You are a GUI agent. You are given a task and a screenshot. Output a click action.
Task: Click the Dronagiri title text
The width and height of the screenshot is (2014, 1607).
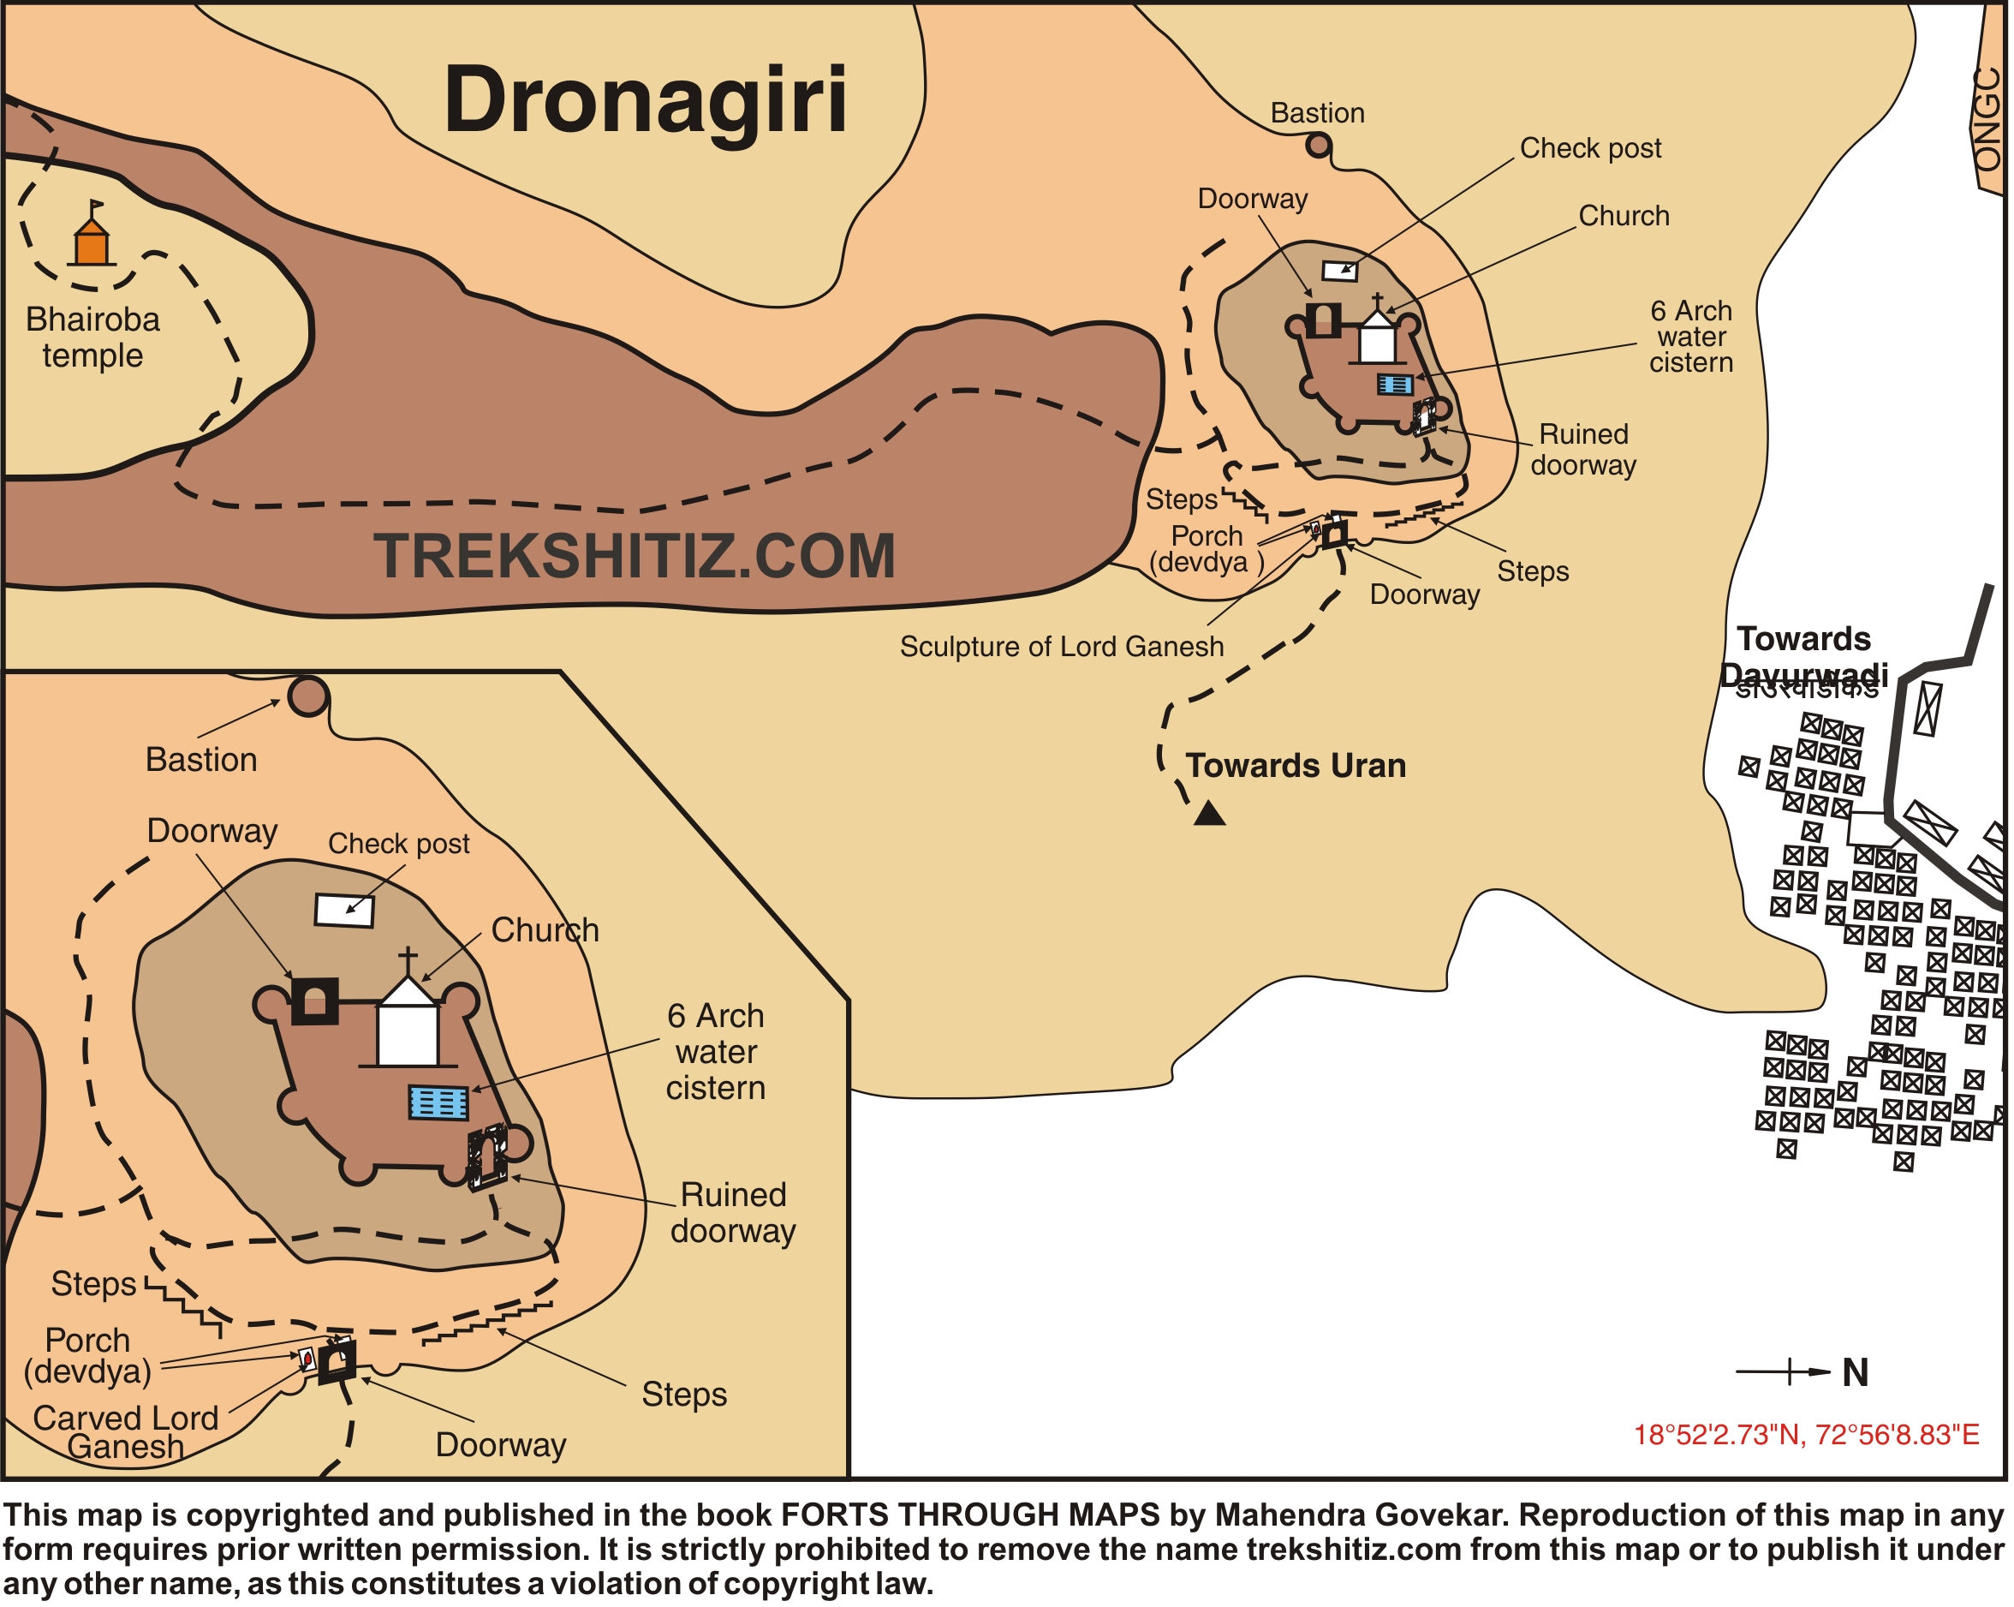[645, 100]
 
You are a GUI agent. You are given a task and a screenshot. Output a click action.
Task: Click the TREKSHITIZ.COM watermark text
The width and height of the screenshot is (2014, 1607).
[635, 557]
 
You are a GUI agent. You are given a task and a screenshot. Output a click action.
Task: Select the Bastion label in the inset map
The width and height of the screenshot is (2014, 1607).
[201, 760]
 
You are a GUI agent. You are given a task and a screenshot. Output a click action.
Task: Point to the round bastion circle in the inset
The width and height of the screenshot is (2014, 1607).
[308, 696]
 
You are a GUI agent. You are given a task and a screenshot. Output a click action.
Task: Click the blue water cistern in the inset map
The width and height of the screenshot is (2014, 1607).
[438, 1102]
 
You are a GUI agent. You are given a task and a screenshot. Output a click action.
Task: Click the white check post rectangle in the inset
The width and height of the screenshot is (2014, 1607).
[343, 910]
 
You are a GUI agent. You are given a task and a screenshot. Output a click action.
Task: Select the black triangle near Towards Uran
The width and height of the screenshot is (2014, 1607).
[1210, 814]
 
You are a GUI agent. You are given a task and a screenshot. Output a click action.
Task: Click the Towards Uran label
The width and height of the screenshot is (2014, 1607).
[1296, 766]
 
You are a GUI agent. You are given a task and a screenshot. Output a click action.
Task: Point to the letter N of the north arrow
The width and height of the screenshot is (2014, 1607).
[1856, 1373]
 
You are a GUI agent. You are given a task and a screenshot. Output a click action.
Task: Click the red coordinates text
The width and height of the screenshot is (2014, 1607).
[1806, 1435]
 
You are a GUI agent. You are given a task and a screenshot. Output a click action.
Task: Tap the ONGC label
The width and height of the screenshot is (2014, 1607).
[1987, 120]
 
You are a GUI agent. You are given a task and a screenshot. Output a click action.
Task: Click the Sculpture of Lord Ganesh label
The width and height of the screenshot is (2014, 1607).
[1061, 647]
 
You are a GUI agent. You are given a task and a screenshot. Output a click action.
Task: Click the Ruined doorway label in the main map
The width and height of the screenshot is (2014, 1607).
[1583, 450]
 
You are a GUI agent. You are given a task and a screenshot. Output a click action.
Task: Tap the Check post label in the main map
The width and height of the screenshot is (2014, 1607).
[1591, 148]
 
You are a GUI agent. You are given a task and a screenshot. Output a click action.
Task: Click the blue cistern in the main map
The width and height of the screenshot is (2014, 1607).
[1396, 385]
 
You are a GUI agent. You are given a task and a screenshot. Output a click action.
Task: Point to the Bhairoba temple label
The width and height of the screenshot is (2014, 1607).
[92, 338]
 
